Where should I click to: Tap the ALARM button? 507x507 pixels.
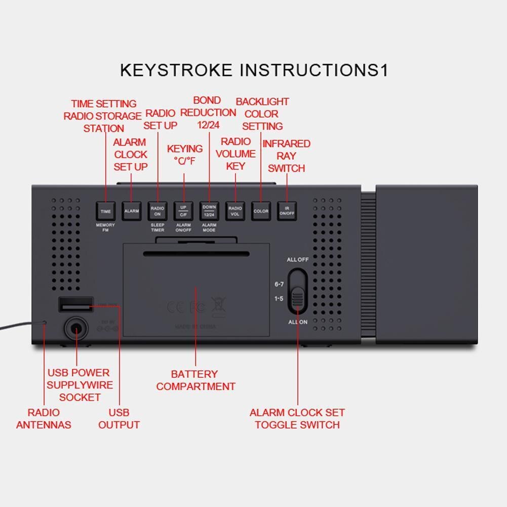pos(132,211)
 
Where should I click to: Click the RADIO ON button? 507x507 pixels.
pos(158,211)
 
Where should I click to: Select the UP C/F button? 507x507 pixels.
pos(183,211)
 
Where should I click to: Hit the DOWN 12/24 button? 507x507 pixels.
pos(209,211)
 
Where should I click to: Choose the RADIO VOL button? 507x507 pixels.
pos(235,211)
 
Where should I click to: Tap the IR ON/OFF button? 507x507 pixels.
pos(287,211)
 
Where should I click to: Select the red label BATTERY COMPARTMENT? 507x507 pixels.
pos(196,380)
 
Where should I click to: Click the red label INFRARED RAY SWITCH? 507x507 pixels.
pos(286,156)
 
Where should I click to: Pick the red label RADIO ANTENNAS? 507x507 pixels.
pos(44,418)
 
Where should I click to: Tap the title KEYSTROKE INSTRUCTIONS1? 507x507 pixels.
pos(254,70)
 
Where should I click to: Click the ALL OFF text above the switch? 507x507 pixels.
pos(297,260)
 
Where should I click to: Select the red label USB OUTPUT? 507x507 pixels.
pos(119,418)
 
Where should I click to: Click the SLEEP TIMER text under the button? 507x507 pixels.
pos(158,227)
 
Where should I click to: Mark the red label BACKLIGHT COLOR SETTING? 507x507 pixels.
pos(262,114)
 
